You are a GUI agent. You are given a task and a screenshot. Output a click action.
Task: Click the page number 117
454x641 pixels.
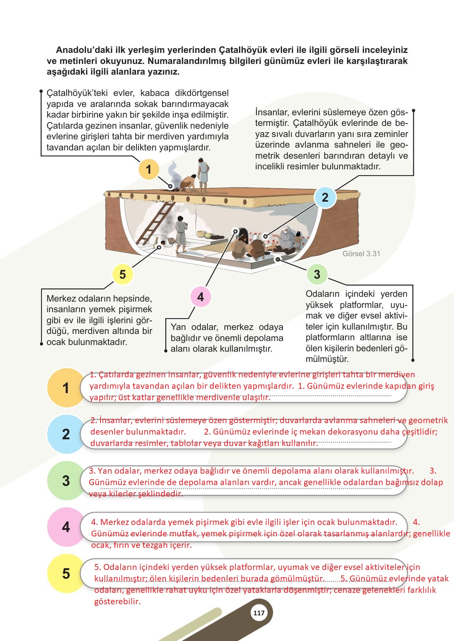(x=259, y=613)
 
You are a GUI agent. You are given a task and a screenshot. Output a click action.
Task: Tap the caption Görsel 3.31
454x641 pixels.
(x=361, y=254)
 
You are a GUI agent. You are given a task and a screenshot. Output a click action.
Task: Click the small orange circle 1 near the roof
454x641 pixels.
(x=149, y=170)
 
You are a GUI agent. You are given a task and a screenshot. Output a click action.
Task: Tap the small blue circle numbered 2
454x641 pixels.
(x=325, y=197)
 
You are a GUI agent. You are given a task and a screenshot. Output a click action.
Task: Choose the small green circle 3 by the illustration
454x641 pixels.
(x=317, y=274)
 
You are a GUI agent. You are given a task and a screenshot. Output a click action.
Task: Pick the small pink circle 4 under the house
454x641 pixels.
(x=201, y=297)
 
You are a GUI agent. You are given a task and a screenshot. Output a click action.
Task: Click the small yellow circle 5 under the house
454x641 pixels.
(x=123, y=274)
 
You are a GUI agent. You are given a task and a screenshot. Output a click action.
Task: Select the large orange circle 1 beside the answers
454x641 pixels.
(x=66, y=388)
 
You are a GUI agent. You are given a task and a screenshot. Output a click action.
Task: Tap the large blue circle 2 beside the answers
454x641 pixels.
(x=66, y=434)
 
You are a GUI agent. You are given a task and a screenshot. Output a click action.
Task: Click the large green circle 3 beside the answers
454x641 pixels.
(x=66, y=481)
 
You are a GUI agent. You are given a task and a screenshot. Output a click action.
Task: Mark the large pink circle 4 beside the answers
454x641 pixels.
(x=66, y=527)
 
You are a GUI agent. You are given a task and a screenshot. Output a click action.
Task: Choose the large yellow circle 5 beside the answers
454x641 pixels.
(x=66, y=574)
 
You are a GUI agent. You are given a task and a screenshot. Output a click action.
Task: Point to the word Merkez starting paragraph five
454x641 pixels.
(x=60, y=298)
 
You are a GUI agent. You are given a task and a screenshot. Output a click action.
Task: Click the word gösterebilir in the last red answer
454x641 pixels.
(x=117, y=602)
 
